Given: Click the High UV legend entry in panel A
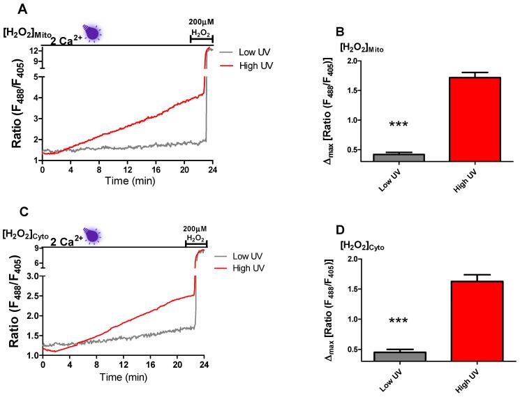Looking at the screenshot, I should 258,63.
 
